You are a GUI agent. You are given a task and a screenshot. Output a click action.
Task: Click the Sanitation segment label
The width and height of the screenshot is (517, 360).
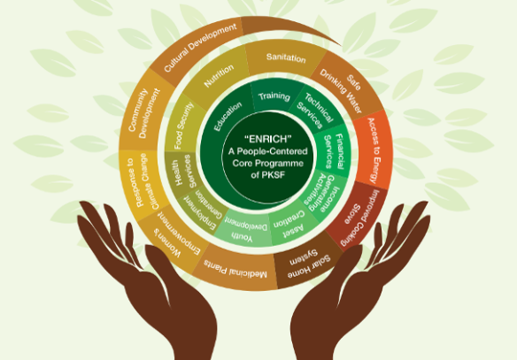point(286,57)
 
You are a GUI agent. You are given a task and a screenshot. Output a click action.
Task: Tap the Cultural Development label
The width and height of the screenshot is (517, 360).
point(200,47)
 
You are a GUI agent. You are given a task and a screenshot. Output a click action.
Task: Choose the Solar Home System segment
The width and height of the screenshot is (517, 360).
point(308,262)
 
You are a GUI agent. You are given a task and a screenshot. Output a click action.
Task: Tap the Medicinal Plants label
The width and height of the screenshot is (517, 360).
point(235,267)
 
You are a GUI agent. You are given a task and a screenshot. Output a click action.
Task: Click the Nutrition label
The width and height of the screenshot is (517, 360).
point(219,76)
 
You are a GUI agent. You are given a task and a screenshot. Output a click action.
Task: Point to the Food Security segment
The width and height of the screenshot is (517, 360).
point(184,126)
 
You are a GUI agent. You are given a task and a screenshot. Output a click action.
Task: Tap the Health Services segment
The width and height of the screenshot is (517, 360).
point(182,172)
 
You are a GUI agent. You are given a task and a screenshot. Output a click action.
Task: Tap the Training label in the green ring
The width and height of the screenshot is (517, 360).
point(274,96)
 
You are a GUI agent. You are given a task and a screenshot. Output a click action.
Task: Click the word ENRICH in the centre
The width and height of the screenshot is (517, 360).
point(268,139)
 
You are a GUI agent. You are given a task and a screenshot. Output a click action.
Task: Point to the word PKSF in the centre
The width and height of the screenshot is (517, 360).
point(276,175)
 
